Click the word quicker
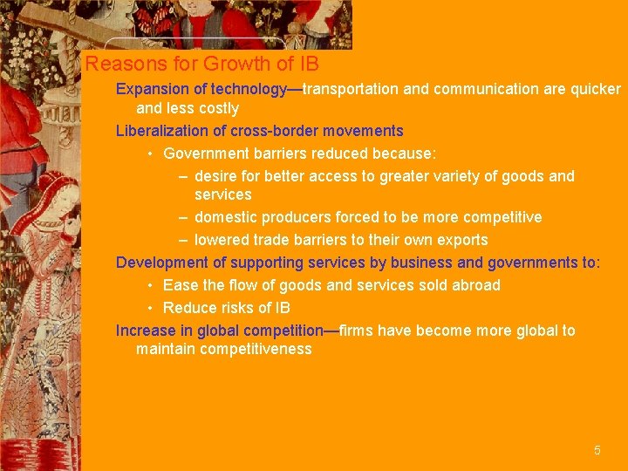point(594,90)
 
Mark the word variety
point(453,177)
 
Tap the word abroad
point(476,285)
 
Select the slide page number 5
point(597,451)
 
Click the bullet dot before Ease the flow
point(151,285)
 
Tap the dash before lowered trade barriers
point(183,240)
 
